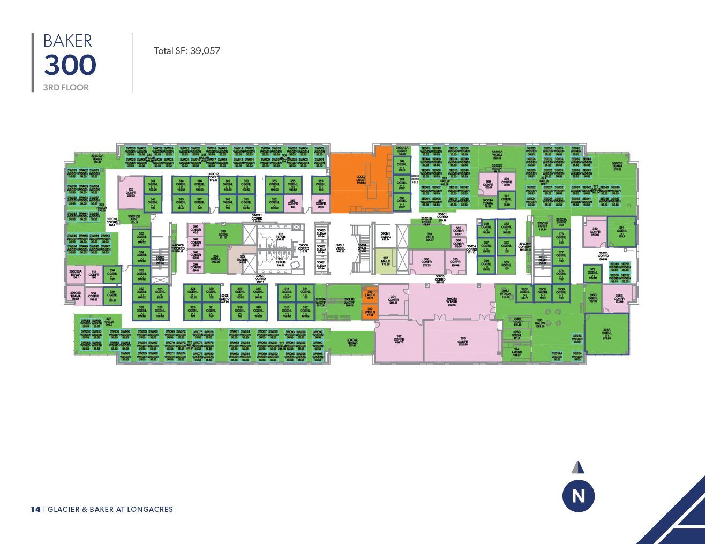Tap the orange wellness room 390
(x=370, y=311)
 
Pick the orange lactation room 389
(x=370, y=294)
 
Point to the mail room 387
(x=385, y=261)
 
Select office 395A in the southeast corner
(x=606, y=334)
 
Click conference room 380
(x=595, y=232)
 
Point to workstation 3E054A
(x=557, y=355)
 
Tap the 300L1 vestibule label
(x=340, y=248)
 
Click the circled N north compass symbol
(x=579, y=496)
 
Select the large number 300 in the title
(x=70, y=65)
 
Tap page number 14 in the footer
(x=35, y=509)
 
